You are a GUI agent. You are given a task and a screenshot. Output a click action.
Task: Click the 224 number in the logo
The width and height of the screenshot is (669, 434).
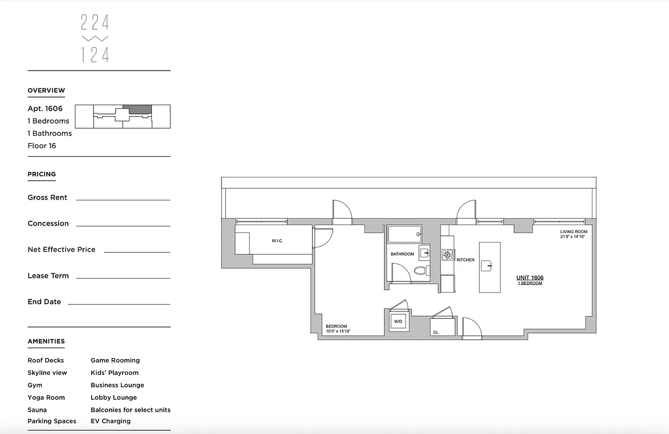coord(95,22)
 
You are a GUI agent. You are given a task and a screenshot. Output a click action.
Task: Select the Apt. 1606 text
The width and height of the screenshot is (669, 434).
coord(45,108)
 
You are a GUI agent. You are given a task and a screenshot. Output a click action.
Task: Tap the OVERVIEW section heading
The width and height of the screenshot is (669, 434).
coord(46,91)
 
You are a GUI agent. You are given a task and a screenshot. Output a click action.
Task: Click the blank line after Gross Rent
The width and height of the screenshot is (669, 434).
coord(123,199)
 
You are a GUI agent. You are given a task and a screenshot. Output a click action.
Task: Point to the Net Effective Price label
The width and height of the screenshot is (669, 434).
coord(61,250)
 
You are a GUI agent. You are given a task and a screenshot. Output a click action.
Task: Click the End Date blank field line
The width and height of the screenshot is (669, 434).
coord(119,303)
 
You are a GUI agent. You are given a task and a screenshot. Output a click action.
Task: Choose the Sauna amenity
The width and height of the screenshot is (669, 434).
coord(37,410)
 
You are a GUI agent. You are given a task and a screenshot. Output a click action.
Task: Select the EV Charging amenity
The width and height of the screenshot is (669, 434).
coord(110,421)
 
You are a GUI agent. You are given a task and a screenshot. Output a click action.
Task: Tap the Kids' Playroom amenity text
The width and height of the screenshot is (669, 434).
coord(114,373)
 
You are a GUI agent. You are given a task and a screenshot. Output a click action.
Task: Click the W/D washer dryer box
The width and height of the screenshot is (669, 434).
coord(398,322)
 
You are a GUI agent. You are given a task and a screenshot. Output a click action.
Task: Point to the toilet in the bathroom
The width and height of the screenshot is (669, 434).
coord(421,270)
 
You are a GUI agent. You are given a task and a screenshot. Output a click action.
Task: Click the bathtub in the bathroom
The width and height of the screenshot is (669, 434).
coord(404,234)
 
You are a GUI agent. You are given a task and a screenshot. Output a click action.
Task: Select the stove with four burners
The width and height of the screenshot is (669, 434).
coord(447,254)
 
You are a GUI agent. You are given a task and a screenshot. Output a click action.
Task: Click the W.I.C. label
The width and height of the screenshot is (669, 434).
coord(277,240)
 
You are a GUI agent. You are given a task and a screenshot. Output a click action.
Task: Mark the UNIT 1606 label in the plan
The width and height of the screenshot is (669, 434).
coord(530,278)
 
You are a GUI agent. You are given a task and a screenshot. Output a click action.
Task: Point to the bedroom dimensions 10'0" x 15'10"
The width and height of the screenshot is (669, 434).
coord(338,331)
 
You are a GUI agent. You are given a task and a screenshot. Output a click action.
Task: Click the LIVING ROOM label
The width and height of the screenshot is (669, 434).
coord(574,232)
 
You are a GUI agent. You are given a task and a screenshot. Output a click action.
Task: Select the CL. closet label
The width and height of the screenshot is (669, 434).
coord(436,331)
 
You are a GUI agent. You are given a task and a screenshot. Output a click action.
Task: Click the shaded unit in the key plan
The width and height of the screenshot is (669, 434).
coord(137,109)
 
